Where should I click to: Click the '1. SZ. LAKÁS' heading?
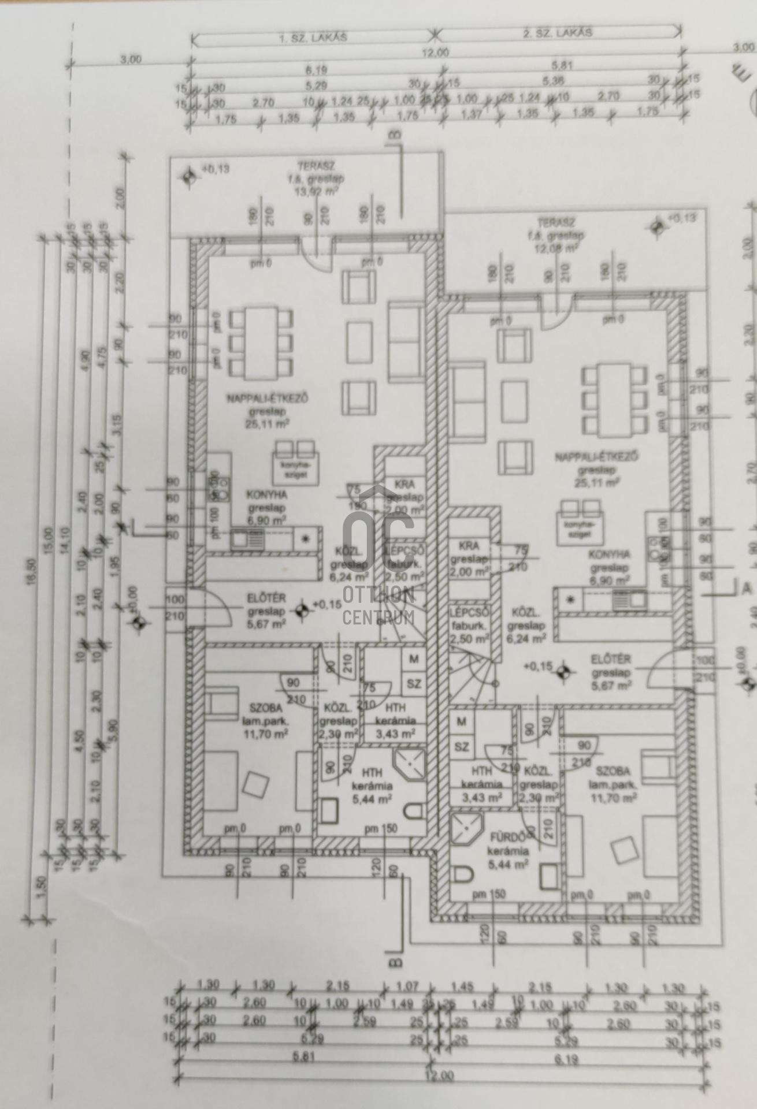313,38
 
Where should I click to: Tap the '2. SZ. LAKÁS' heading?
557,33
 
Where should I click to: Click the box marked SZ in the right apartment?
461,747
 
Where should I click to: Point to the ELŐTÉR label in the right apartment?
611,659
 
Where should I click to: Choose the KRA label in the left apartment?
406,484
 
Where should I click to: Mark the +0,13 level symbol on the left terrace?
188,176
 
